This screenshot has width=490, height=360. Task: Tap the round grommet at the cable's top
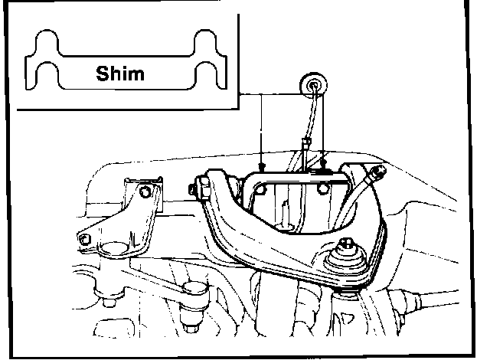312,85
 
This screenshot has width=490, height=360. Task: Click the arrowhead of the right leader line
324,162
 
